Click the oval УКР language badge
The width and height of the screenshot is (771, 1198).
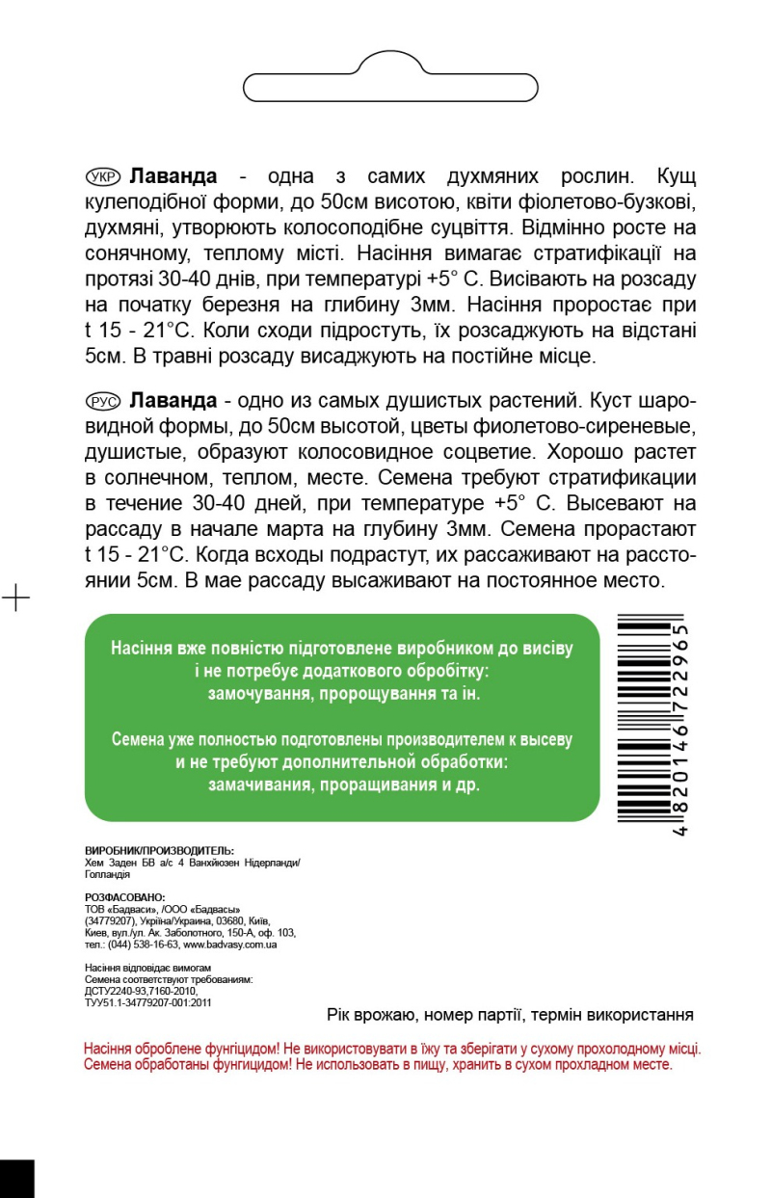click(x=102, y=176)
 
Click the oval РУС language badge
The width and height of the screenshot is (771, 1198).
click(x=102, y=400)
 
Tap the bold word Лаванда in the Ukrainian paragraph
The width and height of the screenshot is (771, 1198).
click(x=173, y=176)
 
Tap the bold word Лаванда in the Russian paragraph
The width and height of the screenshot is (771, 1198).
click(x=173, y=400)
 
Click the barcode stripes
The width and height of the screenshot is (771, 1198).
click(x=642, y=724)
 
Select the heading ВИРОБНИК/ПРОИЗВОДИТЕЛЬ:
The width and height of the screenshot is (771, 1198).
click(x=159, y=851)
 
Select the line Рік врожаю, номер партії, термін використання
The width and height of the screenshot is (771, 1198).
click(x=511, y=1016)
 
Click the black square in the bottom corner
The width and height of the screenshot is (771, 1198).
click(x=16, y=1178)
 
